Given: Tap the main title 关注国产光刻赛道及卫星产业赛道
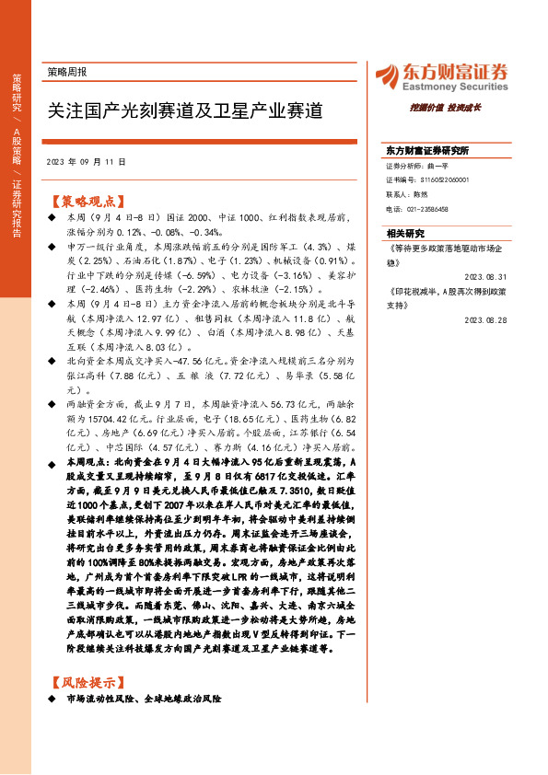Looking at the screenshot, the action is coord(185,111).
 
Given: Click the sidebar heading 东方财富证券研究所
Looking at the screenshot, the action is coord(427,150).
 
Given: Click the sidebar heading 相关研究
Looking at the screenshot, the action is coord(405,233).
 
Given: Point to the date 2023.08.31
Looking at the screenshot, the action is coord(486,276).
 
